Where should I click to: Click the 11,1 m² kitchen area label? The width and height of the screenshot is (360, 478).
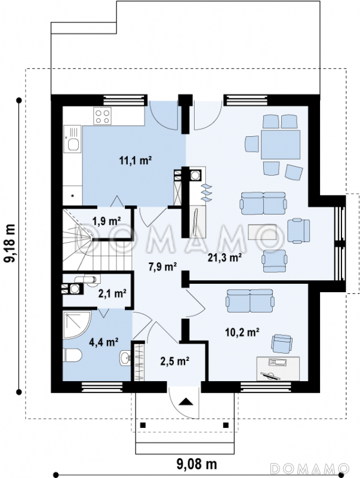(x=136, y=160)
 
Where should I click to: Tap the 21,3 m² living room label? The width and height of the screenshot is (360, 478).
(x=224, y=258)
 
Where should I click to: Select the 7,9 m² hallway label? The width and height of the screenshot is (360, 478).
(x=162, y=266)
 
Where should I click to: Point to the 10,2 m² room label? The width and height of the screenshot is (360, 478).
(x=242, y=332)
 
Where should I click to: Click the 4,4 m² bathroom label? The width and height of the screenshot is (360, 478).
(x=103, y=342)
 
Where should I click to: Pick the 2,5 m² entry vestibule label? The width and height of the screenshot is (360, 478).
(x=175, y=361)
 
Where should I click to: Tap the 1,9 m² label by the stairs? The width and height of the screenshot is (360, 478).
(x=107, y=221)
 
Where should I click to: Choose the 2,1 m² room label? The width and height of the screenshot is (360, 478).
(x=112, y=293)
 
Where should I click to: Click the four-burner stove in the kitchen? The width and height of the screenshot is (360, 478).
(x=102, y=116)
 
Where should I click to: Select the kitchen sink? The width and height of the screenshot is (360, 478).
(x=73, y=139)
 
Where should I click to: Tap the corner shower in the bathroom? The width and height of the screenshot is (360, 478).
(x=77, y=324)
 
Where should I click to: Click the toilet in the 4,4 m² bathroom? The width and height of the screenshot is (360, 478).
(x=72, y=355)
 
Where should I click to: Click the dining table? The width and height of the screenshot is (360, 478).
(x=281, y=145)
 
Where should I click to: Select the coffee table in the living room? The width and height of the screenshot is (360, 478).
(x=262, y=232)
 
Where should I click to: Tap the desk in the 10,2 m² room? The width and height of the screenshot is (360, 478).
(x=278, y=369)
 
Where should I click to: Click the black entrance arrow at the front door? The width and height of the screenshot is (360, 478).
(x=186, y=402)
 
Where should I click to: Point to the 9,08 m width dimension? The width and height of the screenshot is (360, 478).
(x=197, y=464)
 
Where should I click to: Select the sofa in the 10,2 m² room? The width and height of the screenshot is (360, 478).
(x=250, y=301)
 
